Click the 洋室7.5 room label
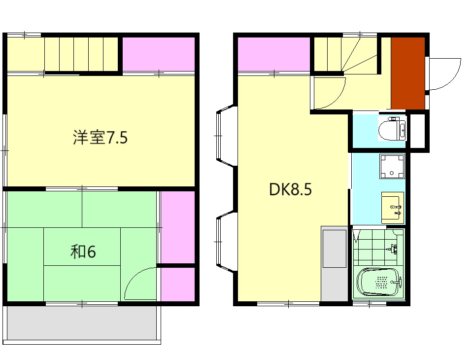click(x=100, y=138)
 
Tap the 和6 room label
click(x=83, y=252)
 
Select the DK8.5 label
click(x=290, y=190)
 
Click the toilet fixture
click(x=392, y=129)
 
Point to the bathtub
click(x=378, y=283)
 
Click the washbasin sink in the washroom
click(x=392, y=208)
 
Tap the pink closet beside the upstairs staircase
click(x=159, y=54)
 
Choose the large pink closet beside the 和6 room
click(x=178, y=227)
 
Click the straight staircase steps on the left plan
click(x=82, y=55)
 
